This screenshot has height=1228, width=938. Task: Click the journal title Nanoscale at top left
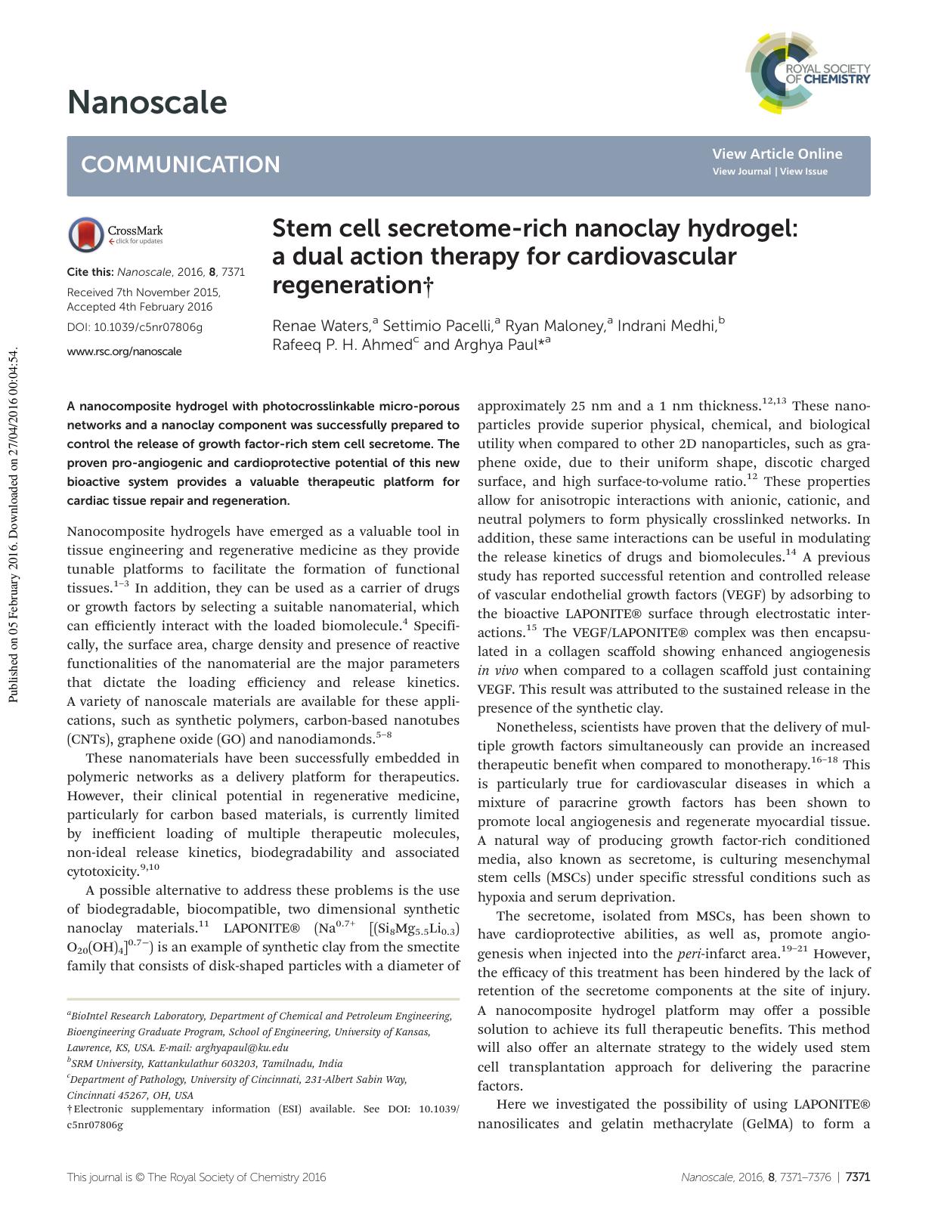[147, 102]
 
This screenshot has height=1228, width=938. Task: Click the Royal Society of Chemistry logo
[807, 73]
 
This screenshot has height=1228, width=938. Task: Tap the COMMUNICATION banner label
[180, 165]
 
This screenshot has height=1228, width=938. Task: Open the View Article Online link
[776, 154]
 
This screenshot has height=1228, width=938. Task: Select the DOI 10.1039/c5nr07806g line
[135, 327]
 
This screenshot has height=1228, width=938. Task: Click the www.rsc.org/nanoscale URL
[124, 351]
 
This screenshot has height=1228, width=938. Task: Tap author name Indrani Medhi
[666, 326]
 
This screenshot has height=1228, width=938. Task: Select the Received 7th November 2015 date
[144, 292]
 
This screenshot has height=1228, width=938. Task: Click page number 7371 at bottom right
[858, 1177]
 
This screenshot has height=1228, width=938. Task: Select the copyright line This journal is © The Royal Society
[197, 1177]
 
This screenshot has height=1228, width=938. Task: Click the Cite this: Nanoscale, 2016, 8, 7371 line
[156, 272]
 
